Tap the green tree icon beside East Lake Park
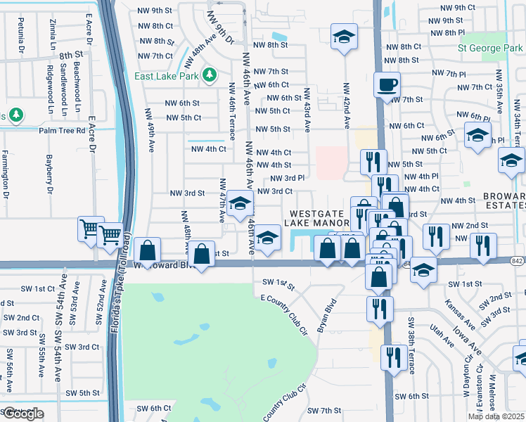pos(209,75)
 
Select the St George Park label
pos(489,49)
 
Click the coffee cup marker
pos(387,86)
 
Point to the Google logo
pos(22,414)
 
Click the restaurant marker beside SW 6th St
pos(391,358)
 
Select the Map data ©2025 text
pos(495,416)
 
